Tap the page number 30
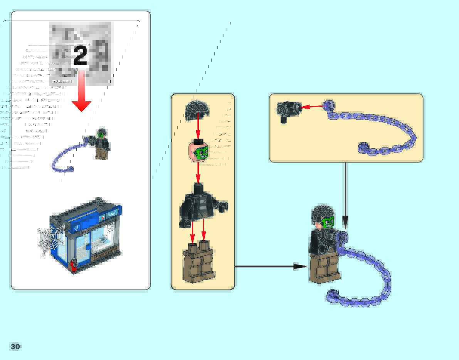coord(15,347)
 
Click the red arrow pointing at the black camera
coord(312,107)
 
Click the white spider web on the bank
coord(49,239)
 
